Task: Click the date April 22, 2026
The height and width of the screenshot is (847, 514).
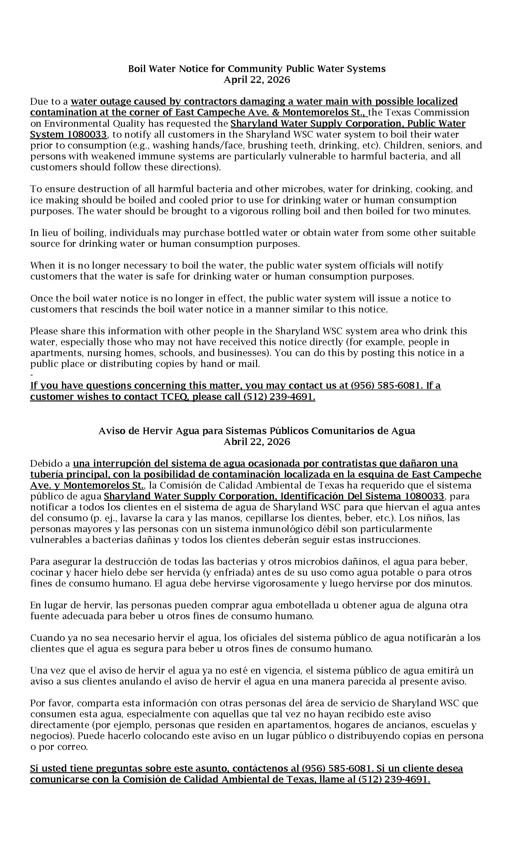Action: [257, 80]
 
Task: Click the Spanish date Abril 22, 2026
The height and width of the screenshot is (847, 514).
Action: [257, 442]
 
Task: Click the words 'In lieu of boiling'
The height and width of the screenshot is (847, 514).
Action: [68, 233]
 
